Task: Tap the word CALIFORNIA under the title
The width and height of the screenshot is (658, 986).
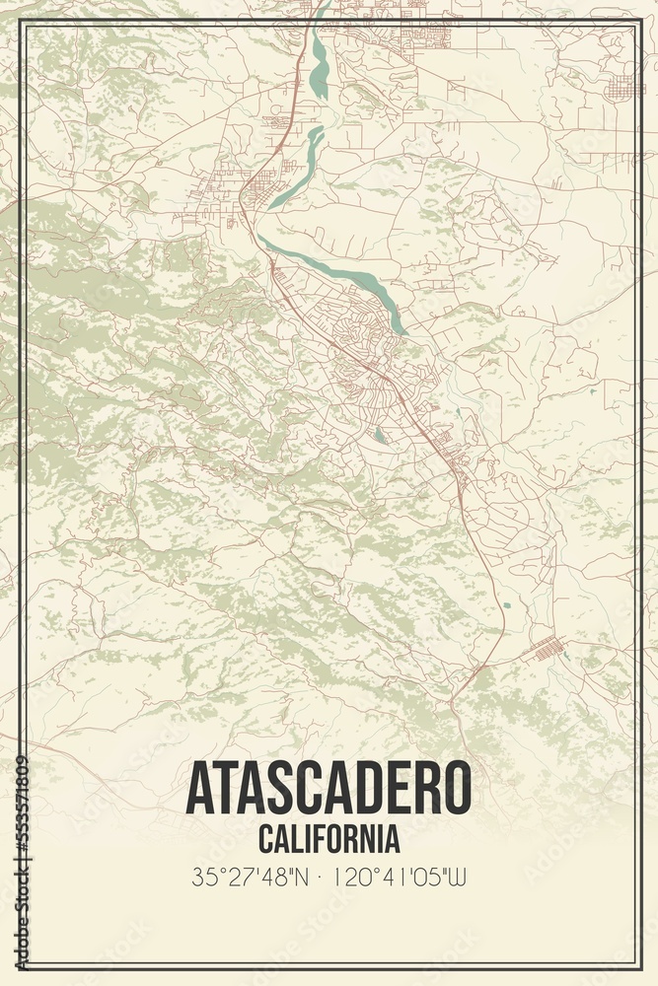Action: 329,839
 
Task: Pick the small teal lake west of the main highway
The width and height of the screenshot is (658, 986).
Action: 381,435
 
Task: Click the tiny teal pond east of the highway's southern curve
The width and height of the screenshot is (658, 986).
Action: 507,604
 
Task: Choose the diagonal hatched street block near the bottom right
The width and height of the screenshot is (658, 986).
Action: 548,649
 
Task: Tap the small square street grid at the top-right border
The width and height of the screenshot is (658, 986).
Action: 624,88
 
